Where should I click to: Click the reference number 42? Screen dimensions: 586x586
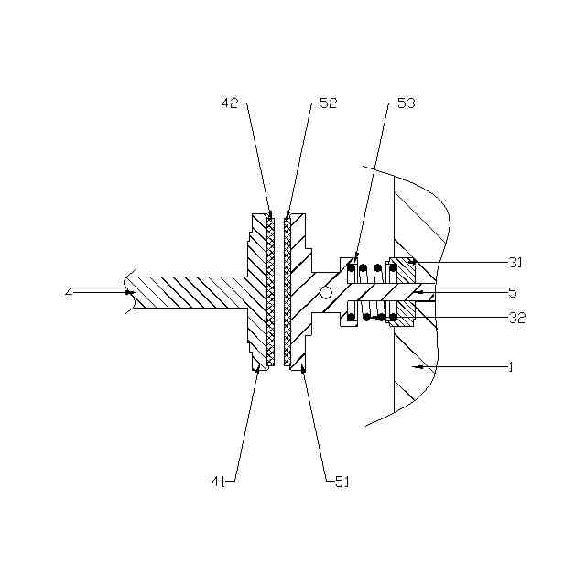point(230,104)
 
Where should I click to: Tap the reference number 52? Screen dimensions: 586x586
point(329,104)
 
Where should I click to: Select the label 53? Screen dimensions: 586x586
point(405,104)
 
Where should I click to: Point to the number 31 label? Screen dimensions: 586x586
point(515,263)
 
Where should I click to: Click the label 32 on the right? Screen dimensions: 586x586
point(515,318)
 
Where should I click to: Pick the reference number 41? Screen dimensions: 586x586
point(219,480)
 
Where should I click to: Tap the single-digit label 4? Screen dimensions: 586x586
point(68,292)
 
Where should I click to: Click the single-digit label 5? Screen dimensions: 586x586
point(513,293)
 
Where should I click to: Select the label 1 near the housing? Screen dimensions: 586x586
point(510,367)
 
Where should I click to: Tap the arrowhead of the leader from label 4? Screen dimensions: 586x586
point(129,292)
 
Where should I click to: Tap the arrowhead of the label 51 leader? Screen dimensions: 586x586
point(303,368)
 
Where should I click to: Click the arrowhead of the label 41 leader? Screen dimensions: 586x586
point(259,369)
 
